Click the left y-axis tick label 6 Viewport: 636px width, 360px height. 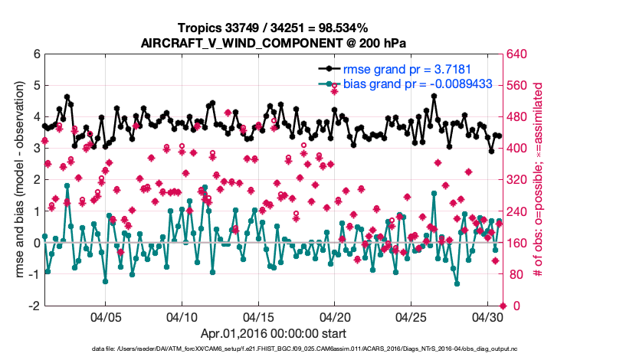[x=37, y=54]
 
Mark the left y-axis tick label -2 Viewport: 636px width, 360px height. [x=34, y=306]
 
